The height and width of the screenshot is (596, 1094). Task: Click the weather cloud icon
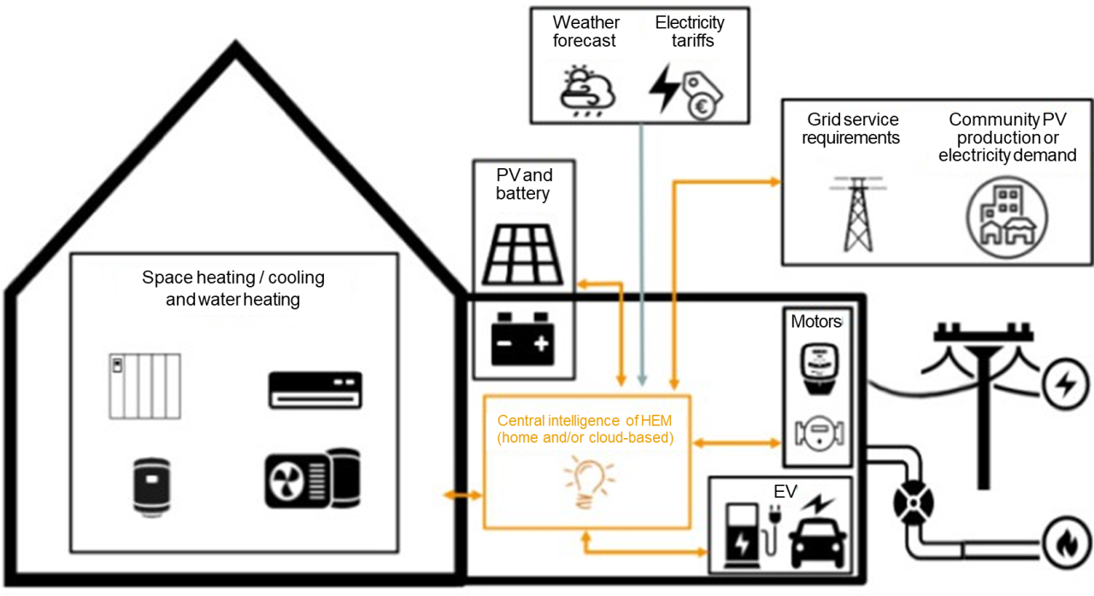pyautogui.click(x=587, y=91)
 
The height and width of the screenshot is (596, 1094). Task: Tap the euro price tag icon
pyautogui.click(x=702, y=96)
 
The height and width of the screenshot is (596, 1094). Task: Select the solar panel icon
pyautogui.click(x=522, y=254)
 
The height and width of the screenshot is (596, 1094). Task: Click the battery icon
pyautogui.click(x=522, y=339)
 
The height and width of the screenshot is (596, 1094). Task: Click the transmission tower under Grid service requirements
pyautogui.click(x=857, y=214)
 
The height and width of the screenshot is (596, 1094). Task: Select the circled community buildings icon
pyautogui.click(x=1007, y=217)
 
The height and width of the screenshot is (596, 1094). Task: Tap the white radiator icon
pyautogui.click(x=144, y=386)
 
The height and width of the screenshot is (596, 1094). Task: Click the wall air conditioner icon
pyautogui.click(x=315, y=389)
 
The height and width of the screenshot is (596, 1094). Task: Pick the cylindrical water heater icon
pyautogui.click(x=152, y=486)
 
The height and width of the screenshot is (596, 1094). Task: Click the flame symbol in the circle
pyautogui.click(x=1066, y=542)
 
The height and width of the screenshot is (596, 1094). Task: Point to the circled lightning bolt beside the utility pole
pyautogui.click(x=1066, y=383)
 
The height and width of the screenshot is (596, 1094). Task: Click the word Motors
pyautogui.click(x=816, y=321)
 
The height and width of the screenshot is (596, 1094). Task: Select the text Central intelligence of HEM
pyautogui.click(x=585, y=420)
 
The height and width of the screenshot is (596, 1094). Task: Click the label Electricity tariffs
pyautogui.click(x=690, y=32)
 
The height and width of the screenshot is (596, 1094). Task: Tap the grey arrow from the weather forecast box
pyautogui.click(x=642, y=254)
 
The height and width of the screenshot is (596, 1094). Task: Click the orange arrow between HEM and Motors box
pyautogui.click(x=737, y=443)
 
